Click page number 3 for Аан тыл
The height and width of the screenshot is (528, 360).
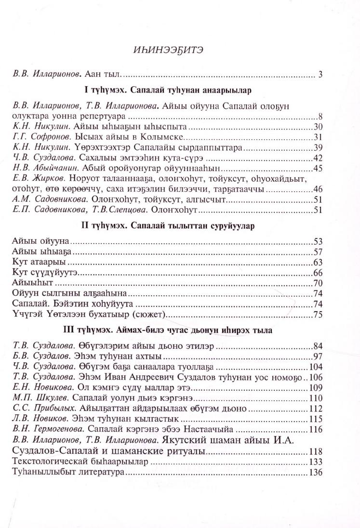pos(320,74)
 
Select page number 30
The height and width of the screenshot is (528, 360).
pos(317,127)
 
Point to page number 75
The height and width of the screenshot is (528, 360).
pos(317,315)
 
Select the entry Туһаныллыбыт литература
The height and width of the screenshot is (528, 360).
pos(67,473)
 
